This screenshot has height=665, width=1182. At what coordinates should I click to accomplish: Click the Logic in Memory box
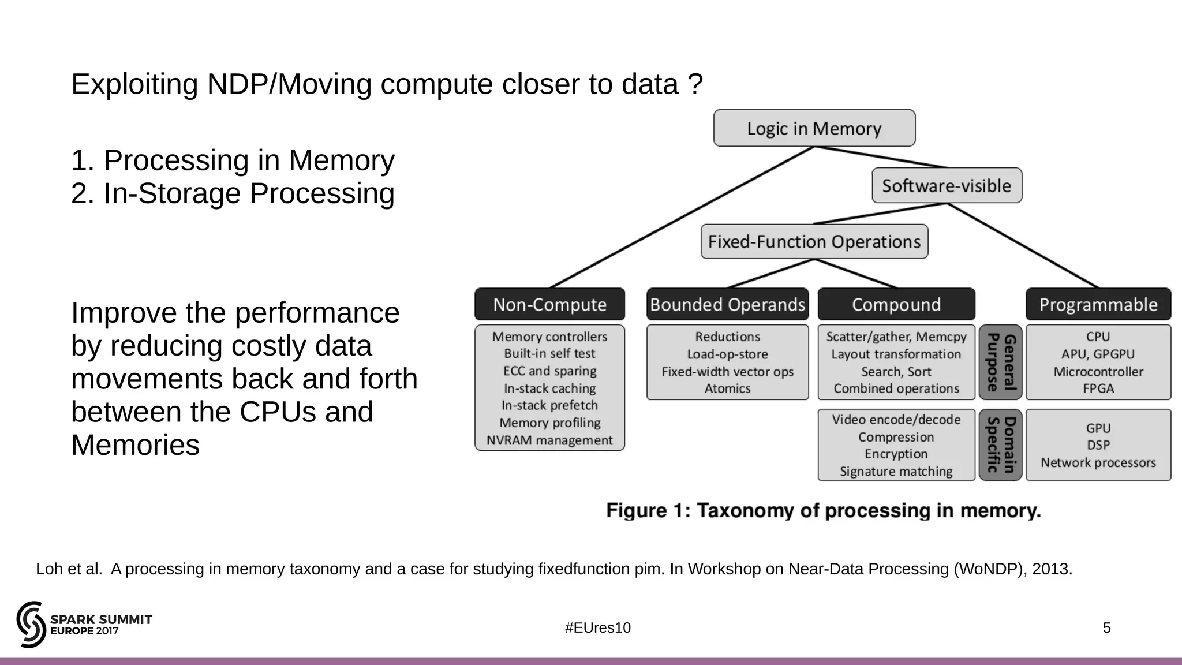tap(814, 128)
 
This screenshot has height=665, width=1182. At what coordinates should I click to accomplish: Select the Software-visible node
tap(947, 186)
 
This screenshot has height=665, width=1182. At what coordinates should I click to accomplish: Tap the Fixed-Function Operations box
tap(814, 242)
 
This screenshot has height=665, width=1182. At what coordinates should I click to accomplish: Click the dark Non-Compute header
tap(549, 304)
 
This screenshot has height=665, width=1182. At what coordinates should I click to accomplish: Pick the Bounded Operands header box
tap(727, 304)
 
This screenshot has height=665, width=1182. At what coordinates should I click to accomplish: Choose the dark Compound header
tap(896, 304)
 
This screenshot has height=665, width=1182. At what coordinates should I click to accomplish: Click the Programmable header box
tap(1098, 304)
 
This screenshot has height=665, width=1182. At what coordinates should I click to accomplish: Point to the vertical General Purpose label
tap(1001, 363)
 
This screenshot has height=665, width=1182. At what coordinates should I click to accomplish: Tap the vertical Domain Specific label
tap(1001, 445)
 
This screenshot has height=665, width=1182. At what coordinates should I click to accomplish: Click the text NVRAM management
tap(549, 440)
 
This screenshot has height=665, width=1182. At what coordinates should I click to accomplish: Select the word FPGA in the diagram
tap(1098, 388)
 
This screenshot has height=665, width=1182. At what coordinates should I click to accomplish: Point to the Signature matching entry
tap(896, 472)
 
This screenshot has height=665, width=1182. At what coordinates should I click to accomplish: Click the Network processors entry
tap(1098, 462)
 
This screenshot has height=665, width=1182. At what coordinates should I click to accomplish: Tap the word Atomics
tap(727, 388)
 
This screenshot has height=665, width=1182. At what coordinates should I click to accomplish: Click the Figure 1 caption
tap(824, 511)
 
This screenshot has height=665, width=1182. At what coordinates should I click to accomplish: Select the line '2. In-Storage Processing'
tap(233, 193)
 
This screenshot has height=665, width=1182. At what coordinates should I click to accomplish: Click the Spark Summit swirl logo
tap(31, 624)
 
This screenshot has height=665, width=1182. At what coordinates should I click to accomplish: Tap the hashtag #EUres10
tap(597, 628)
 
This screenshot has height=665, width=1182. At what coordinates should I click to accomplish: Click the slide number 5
tap(1106, 628)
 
